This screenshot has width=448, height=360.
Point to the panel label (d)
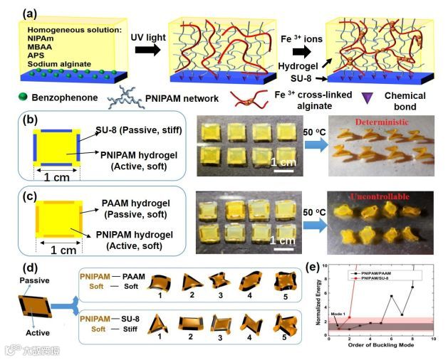click(x=13, y=268)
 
